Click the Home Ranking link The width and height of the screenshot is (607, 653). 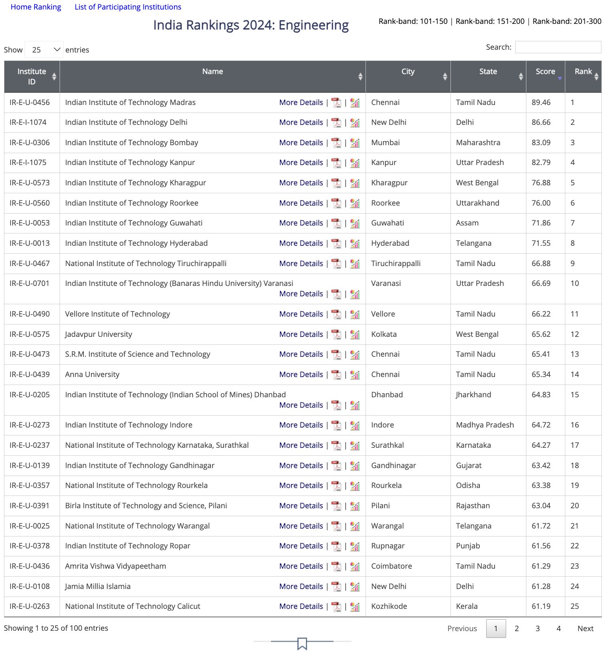click(x=36, y=7)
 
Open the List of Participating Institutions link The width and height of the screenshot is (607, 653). click(x=128, y=7)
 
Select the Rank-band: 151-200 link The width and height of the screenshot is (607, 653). click(x=490, y=21)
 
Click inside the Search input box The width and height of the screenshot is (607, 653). click(x=558, y=47)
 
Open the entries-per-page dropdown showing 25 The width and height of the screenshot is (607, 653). click(x=44, y=50)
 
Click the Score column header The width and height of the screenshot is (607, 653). click(x=545, y=72)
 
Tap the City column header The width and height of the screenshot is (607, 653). click(x=408, y=72)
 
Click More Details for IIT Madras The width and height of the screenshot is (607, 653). click(x=301, y=103)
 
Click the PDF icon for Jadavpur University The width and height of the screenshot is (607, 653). click(x=336, y=334)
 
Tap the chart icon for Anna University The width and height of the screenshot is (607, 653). click(x=355, y=375)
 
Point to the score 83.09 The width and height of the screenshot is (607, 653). click(x=541, y=143)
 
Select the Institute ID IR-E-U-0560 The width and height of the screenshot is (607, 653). click(x=30, y=203)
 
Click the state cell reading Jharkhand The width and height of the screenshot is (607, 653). click(x=473, y=395)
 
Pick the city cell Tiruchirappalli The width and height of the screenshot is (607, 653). click(x=395, y=264)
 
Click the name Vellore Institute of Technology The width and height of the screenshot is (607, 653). click(x=117, y=314)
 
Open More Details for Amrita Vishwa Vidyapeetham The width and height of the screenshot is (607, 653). click(x=301, y=566)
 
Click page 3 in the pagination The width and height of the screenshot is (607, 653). click(x=537, y=628)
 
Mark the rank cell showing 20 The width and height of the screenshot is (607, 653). click(x=574, y=506)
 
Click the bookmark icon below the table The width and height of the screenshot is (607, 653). click(x=302, y=643)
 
